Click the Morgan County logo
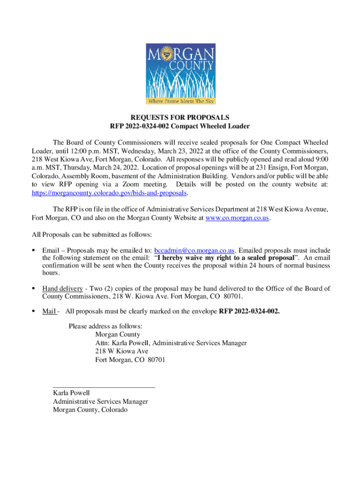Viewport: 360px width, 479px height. pyautogui.click(x=180, y=74)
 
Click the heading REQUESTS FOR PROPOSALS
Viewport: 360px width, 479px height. pyautogui.click(x=180, y=117)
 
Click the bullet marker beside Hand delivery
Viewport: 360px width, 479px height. pyautogui.click(x=34, y=289)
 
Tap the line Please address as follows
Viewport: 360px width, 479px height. pyautogui.click(x=105, y=326)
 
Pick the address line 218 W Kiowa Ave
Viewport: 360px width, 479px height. pyautogui.click(x=122, y=351)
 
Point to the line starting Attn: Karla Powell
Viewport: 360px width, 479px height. pyautogui.click(x=171, y=343)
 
